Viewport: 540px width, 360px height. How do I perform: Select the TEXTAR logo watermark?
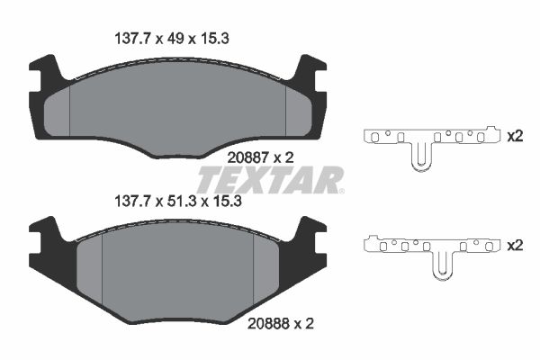(x=270, y=180)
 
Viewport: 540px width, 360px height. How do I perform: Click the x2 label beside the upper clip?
(x=515, y=137)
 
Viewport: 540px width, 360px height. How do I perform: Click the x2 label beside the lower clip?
(x=515, y=245)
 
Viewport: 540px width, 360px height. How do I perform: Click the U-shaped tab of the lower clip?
(x=443, y=266)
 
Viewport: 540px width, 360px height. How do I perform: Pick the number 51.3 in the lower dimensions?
(x=185, y=202)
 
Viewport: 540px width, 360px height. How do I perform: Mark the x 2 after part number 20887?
(x=284, y=157)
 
